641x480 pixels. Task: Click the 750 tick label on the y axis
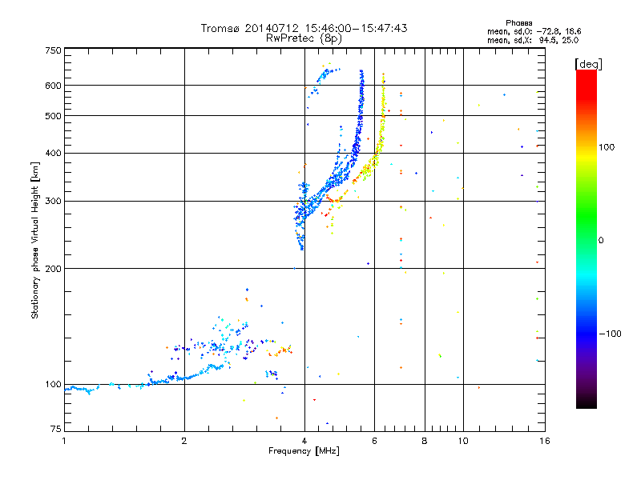pos(54,50)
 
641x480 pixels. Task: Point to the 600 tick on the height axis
pos(54,86)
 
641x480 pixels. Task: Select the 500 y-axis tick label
pos(54,116)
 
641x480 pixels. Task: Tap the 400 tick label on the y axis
pos(54,153)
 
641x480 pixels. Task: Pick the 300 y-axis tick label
pos(54,201)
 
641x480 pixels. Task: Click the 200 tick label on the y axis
pos(54,268)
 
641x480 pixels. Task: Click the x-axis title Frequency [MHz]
pos(304,452)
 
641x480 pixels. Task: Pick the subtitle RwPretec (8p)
pos(304,38)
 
